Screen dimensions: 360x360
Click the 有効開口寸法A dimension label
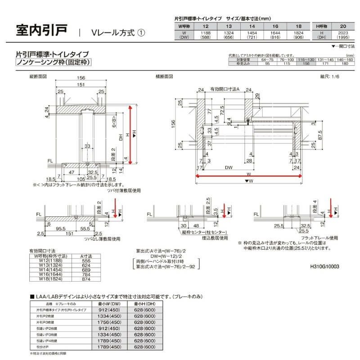click(x=225, y=90)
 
